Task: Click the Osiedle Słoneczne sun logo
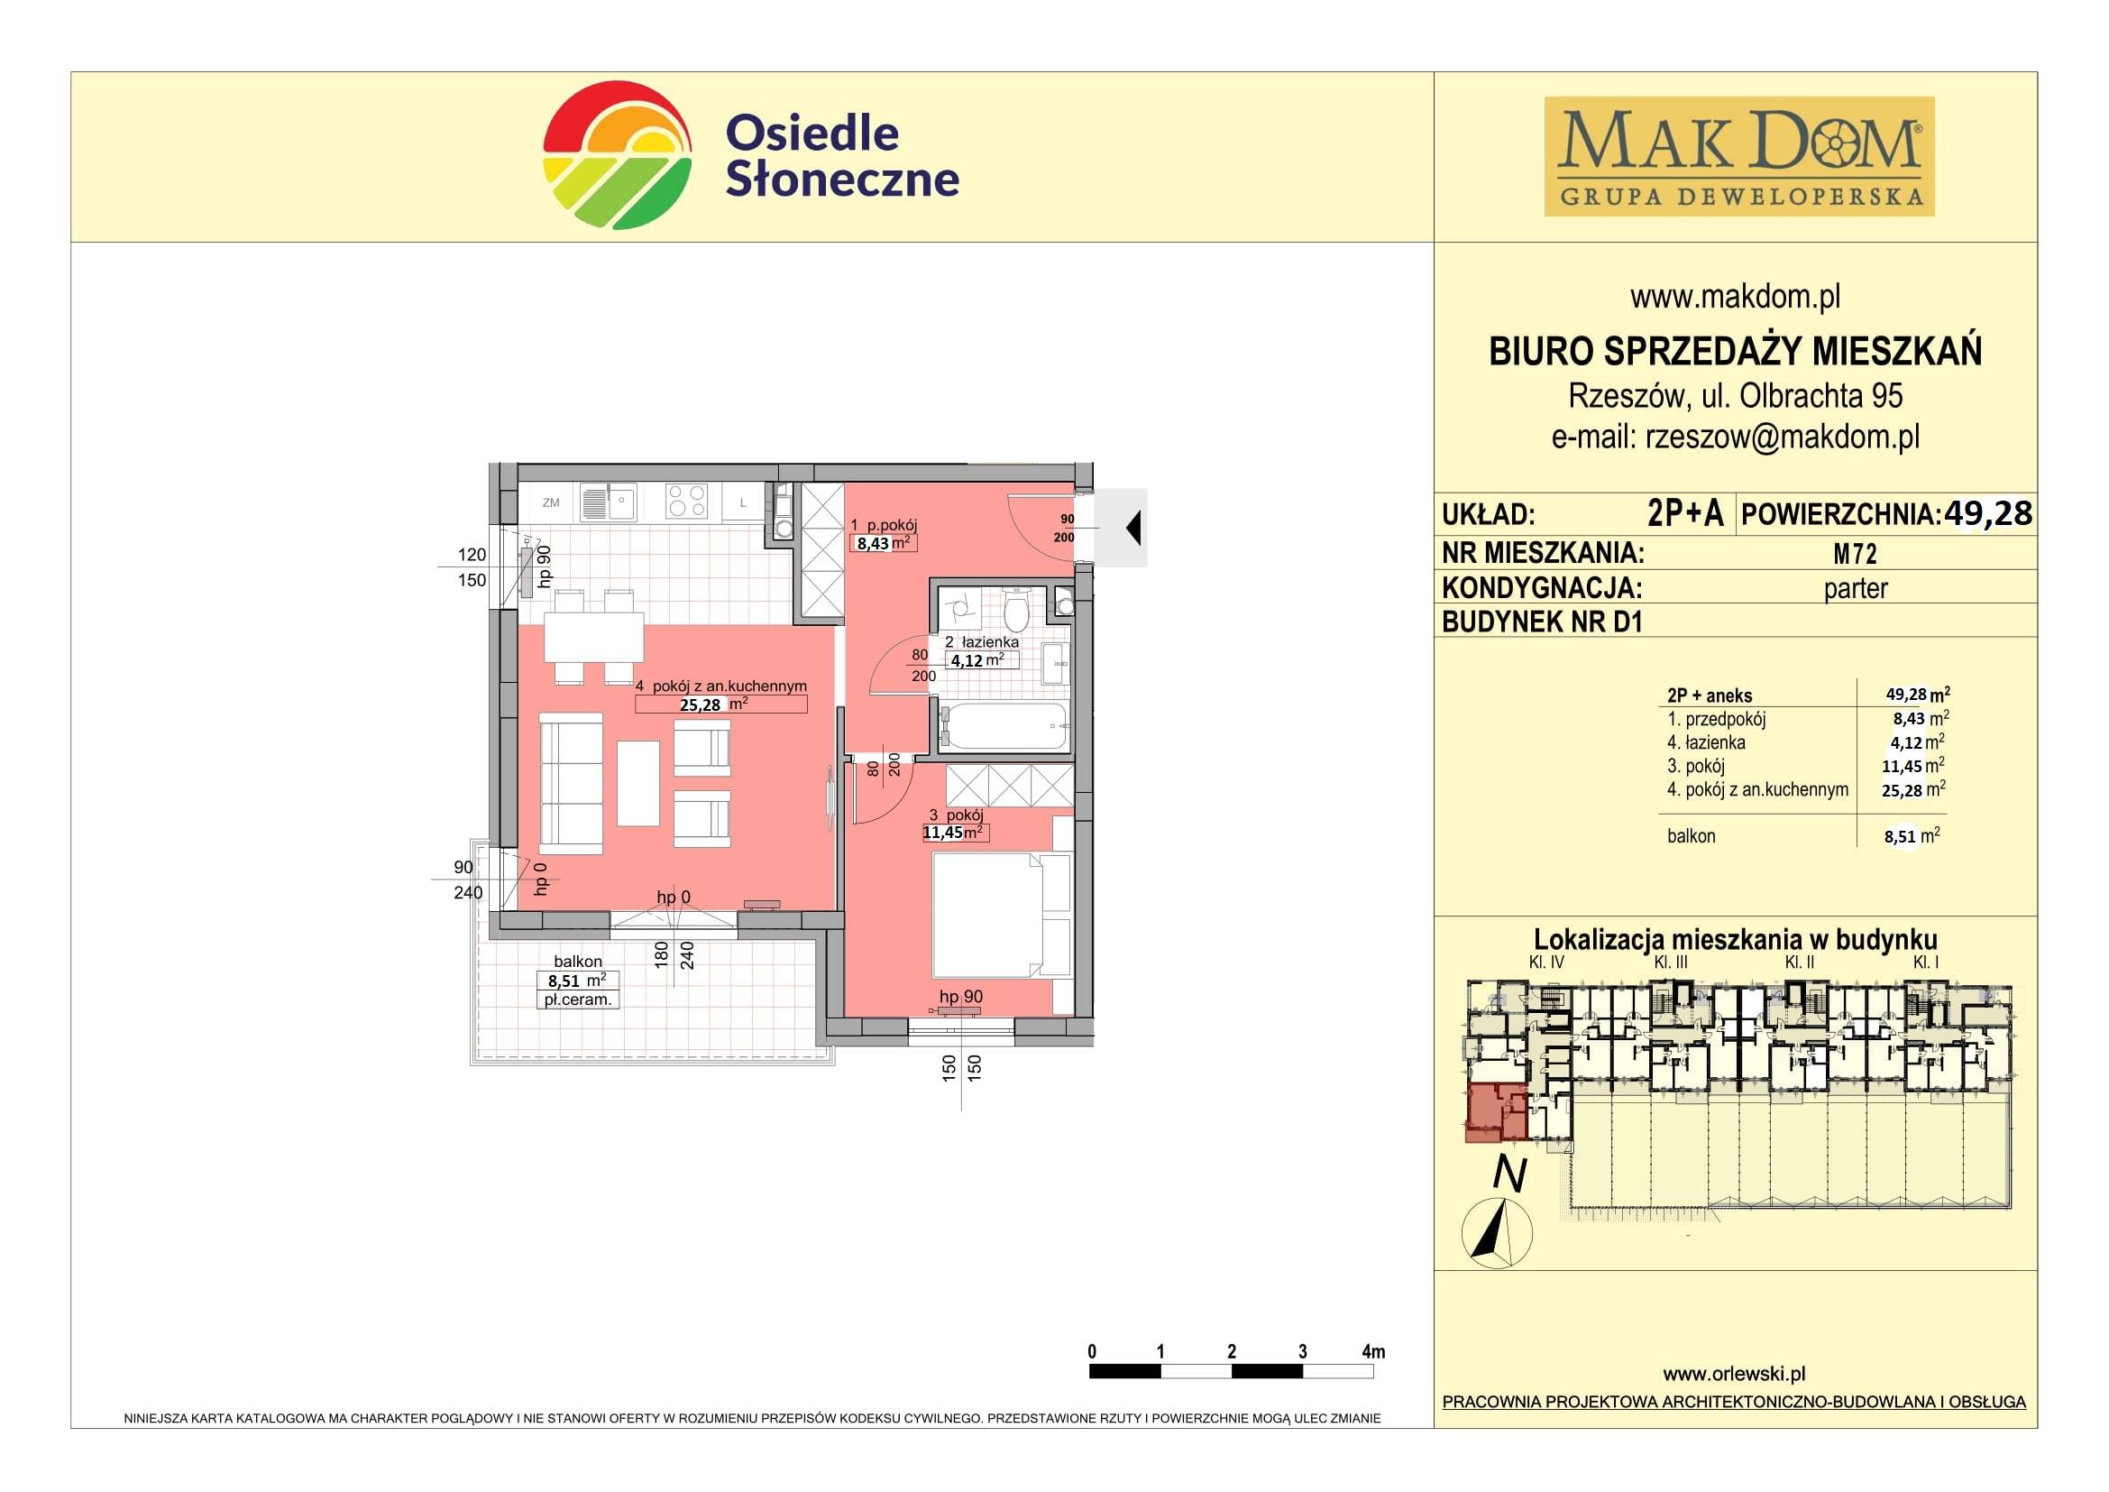pyautogui.click(x=617, y=155)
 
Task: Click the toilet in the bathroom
pyautogui.click(x=1015, y=609)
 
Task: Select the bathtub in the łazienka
pyautogui.click(x=1004, y=727)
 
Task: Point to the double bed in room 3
pyautogui.click(x=1001, y=915)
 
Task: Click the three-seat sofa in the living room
pyautogui.click(x=570, y=787)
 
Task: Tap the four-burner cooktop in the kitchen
pyautogui.click(x=687, y=502)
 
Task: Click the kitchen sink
pyautogui.click(x=608, y=502)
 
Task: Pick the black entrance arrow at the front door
pyautogui.click(x=1133, y=529)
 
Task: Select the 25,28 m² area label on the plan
pyautogui.click(x=714, y=705)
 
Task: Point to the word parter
pyautogui.click(x=1856, y=589)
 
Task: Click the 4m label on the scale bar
pyautogui.click(x=1373, y=1351)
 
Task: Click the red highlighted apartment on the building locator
pyautogui.click(x=1495, y=1113)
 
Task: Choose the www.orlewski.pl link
pyautogui.click(x=1734, y=1374)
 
